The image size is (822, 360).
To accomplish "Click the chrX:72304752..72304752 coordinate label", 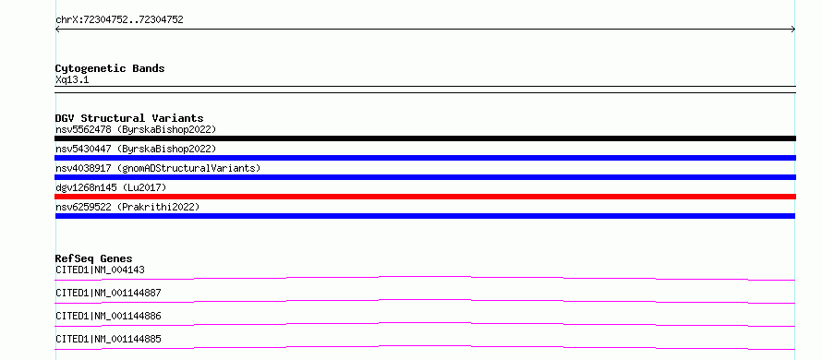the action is click(x=119, y=20).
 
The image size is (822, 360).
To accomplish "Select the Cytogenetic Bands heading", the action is click(x=110, y=68).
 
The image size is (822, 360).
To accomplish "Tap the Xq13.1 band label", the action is click(x=72, y=80).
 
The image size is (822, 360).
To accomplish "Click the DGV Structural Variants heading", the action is click(x=129, y=118).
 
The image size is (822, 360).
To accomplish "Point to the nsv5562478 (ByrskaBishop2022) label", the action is click(x=136, y=129).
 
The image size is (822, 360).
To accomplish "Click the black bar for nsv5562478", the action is click(x=425, y=138).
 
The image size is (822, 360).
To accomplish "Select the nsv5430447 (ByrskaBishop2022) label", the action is click(x=136, y=149).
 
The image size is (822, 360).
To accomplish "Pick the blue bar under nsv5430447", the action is click(x=425, y=158).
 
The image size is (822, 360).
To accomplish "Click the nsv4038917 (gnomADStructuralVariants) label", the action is click(x=158, y=168).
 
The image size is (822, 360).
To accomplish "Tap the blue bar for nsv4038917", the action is click(x=425, y=177).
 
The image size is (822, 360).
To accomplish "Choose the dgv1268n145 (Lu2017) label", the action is click(x=111, y=187).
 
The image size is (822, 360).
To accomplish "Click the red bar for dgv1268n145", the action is click(x=425, y=197).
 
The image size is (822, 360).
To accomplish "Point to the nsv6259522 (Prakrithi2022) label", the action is click(x=127, y=207).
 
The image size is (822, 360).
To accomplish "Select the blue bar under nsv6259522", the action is click(x=425, y=216).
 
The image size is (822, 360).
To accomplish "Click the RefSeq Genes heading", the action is click(x=94, y=258).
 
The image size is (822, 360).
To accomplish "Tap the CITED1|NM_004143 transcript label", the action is click(x=100, y=270).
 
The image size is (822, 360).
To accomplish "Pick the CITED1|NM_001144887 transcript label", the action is click(x=108, y=294).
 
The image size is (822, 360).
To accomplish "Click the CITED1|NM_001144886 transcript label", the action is click(x=108, y=317).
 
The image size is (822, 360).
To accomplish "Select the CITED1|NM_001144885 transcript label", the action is click(x=108, y=340).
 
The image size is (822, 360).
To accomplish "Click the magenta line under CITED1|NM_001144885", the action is click(x=425, y=346).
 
